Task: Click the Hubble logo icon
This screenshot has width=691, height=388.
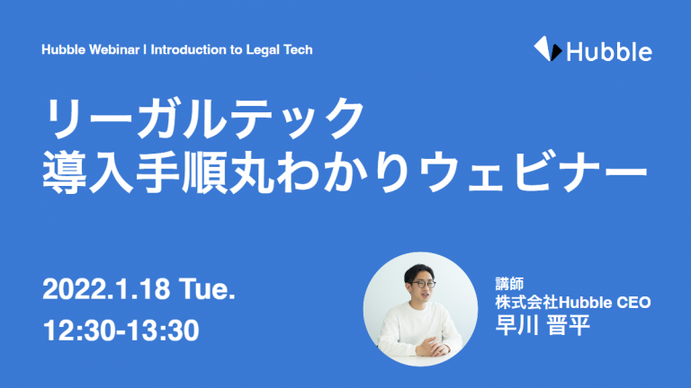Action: pyautogui.click(x=548, y=48)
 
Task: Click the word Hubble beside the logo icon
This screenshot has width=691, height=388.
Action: pyautogui.click(x=609, y=52)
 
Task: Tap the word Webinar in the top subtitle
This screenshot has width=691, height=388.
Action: pyautogui.click(x=114, y=49)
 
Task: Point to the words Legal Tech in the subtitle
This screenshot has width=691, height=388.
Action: pyautogui.click(x=280, y=49)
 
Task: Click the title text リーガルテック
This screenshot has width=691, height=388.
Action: pyautogui.click(x=203, y=119)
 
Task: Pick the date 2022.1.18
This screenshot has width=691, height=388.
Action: pyautogui.click(x=106, y=289)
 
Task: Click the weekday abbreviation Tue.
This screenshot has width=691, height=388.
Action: pyautogui.click(x=207, y=289)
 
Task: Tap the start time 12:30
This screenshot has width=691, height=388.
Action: pyautogui.click(x=79, y=331)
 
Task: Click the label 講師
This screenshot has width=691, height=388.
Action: pyautogui.click(x=509, y=284)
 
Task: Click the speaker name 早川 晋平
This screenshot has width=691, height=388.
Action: pyautogui.click(x=543, y=325)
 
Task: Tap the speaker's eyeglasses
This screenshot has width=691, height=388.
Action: pyautogui.click(x=422, y=284)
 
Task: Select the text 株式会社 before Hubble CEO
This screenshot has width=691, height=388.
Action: pyautogui.click(x=526, y=303)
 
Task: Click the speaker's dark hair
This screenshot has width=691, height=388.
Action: pyautogui.click(x=417, y=271)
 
